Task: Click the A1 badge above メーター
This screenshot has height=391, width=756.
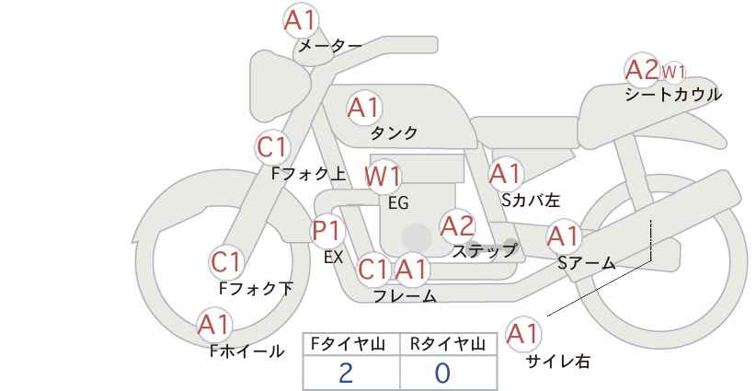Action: point(300,20)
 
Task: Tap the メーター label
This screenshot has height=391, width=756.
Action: point(328,46)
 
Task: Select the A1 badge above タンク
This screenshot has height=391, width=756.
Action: point(363,108)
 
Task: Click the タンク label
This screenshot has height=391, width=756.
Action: point(394,133)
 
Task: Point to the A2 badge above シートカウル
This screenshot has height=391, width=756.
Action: point(641,69)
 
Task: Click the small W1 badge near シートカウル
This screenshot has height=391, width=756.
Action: point(674,71)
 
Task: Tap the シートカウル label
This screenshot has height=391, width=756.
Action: point(672,95)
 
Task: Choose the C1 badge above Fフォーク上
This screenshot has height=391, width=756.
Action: point(273,146)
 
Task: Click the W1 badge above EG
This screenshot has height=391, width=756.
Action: point(383,176)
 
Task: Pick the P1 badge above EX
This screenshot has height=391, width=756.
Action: point(326,230)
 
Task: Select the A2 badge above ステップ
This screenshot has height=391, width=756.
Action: point(457,224)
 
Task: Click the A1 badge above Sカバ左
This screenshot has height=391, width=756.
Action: point(506,173)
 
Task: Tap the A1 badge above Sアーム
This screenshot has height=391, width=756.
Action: point(563,236)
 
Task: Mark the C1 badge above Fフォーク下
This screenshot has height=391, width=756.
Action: point(225,262)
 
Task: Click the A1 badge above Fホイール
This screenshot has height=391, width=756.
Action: point(214,325)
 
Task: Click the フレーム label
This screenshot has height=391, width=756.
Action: point(405,296)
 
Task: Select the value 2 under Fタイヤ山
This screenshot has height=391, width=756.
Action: point(346,373)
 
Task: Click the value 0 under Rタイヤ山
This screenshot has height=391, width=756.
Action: point(443,373)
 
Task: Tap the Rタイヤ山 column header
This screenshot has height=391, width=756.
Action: point(447,344)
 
